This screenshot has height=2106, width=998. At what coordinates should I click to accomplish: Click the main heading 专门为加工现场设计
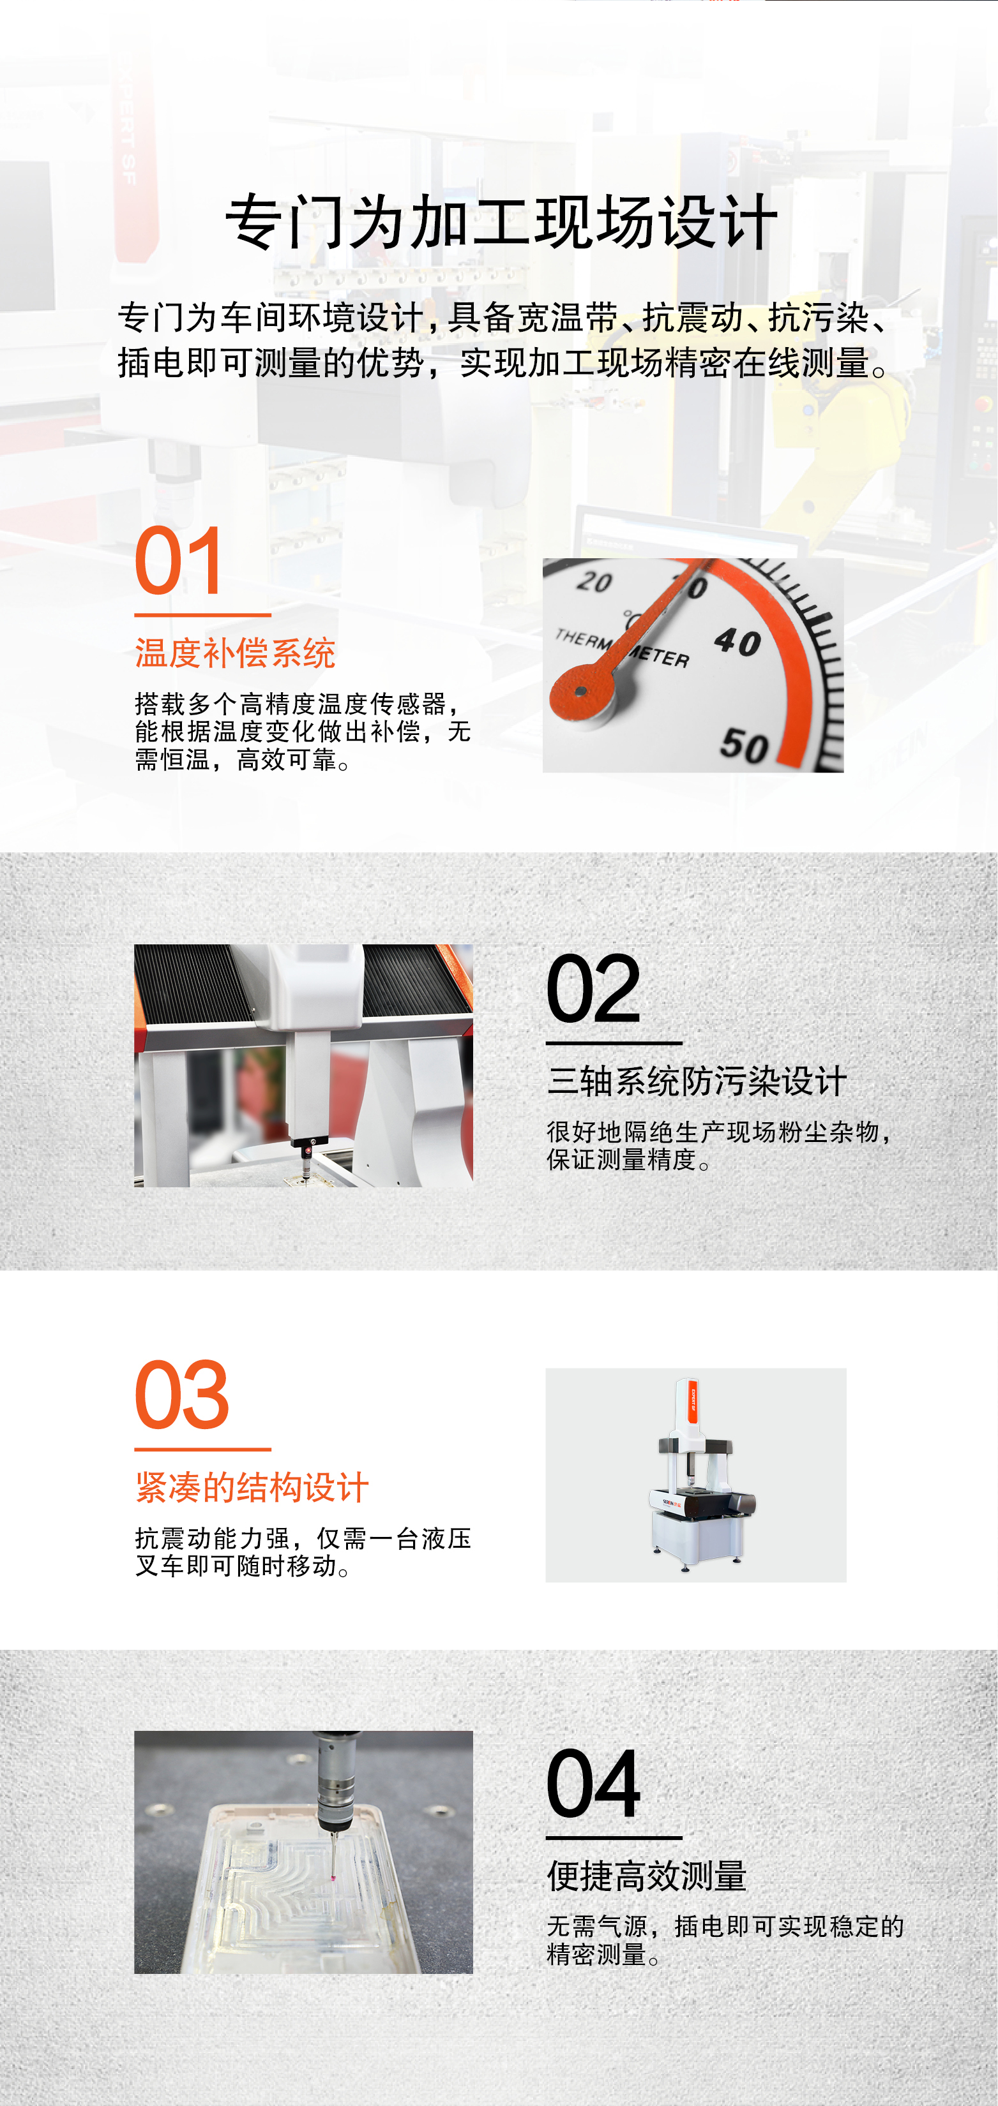pos(501,223)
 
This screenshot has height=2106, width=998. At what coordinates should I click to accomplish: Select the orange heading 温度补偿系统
pos(236,653)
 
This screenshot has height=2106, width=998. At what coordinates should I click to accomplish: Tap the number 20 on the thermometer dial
pos(594,581)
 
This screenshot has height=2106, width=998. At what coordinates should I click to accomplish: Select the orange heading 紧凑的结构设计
pos(252,1487)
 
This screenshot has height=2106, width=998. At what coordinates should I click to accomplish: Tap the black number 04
pos(593,1783)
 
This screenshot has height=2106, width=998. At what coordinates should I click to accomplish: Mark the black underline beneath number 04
pos(614,1837)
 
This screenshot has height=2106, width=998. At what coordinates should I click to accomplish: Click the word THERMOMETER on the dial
pos(622,648)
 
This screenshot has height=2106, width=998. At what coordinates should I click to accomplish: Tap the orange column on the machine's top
pos(692,1400)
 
